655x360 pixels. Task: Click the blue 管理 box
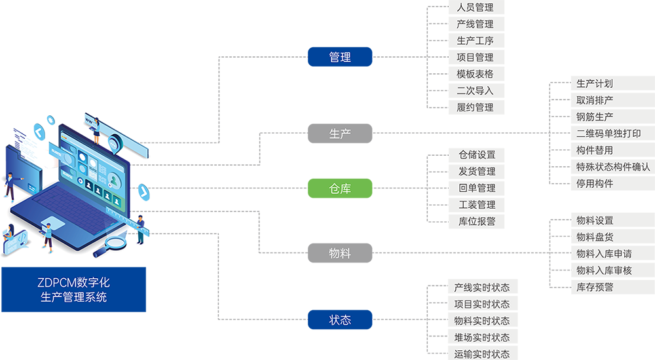click(x=340, y=58)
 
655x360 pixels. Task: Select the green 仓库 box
click(x=340, y=189)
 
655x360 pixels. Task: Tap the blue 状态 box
click(x=340, y=320)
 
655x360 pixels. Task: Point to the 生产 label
click(x=340, y=134)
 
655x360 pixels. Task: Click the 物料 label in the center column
click(x=340, y=253)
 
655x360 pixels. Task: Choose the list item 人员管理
click(x=475, y=8)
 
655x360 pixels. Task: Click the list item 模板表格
click(x=475, y=74)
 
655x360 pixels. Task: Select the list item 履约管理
click(x=475, y=107)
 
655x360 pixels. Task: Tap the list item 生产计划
click(x=595, y=84)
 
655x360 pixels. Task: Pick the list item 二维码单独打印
click(x=608, y=134)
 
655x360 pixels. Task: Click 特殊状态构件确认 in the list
click(x=613, y=167)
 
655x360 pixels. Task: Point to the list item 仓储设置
click(x=477, y=155)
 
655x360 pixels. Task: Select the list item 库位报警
click(x=477, y=221)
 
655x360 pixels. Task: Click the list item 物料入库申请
click(x=604, y=253)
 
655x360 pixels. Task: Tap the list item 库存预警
click(x=595, y=287)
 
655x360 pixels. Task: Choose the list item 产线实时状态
click(x=481, y=288)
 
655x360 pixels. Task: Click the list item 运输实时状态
click(x=481, y=354)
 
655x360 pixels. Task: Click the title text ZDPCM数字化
click(x=73, y=283)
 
